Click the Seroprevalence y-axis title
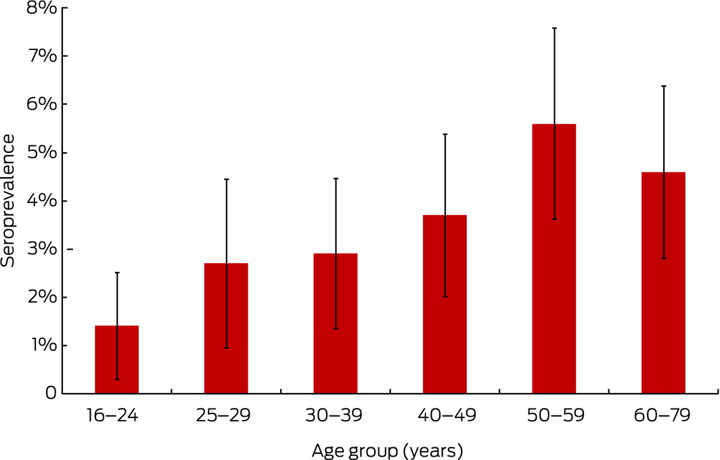pos(9,200)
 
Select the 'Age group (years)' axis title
pos(388,448)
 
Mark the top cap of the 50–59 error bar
pos(554,28)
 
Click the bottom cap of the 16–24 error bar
pos(117,379)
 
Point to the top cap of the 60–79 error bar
pos(664,86)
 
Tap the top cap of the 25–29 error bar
pos(227,179)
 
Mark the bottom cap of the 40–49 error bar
pos(445,296)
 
